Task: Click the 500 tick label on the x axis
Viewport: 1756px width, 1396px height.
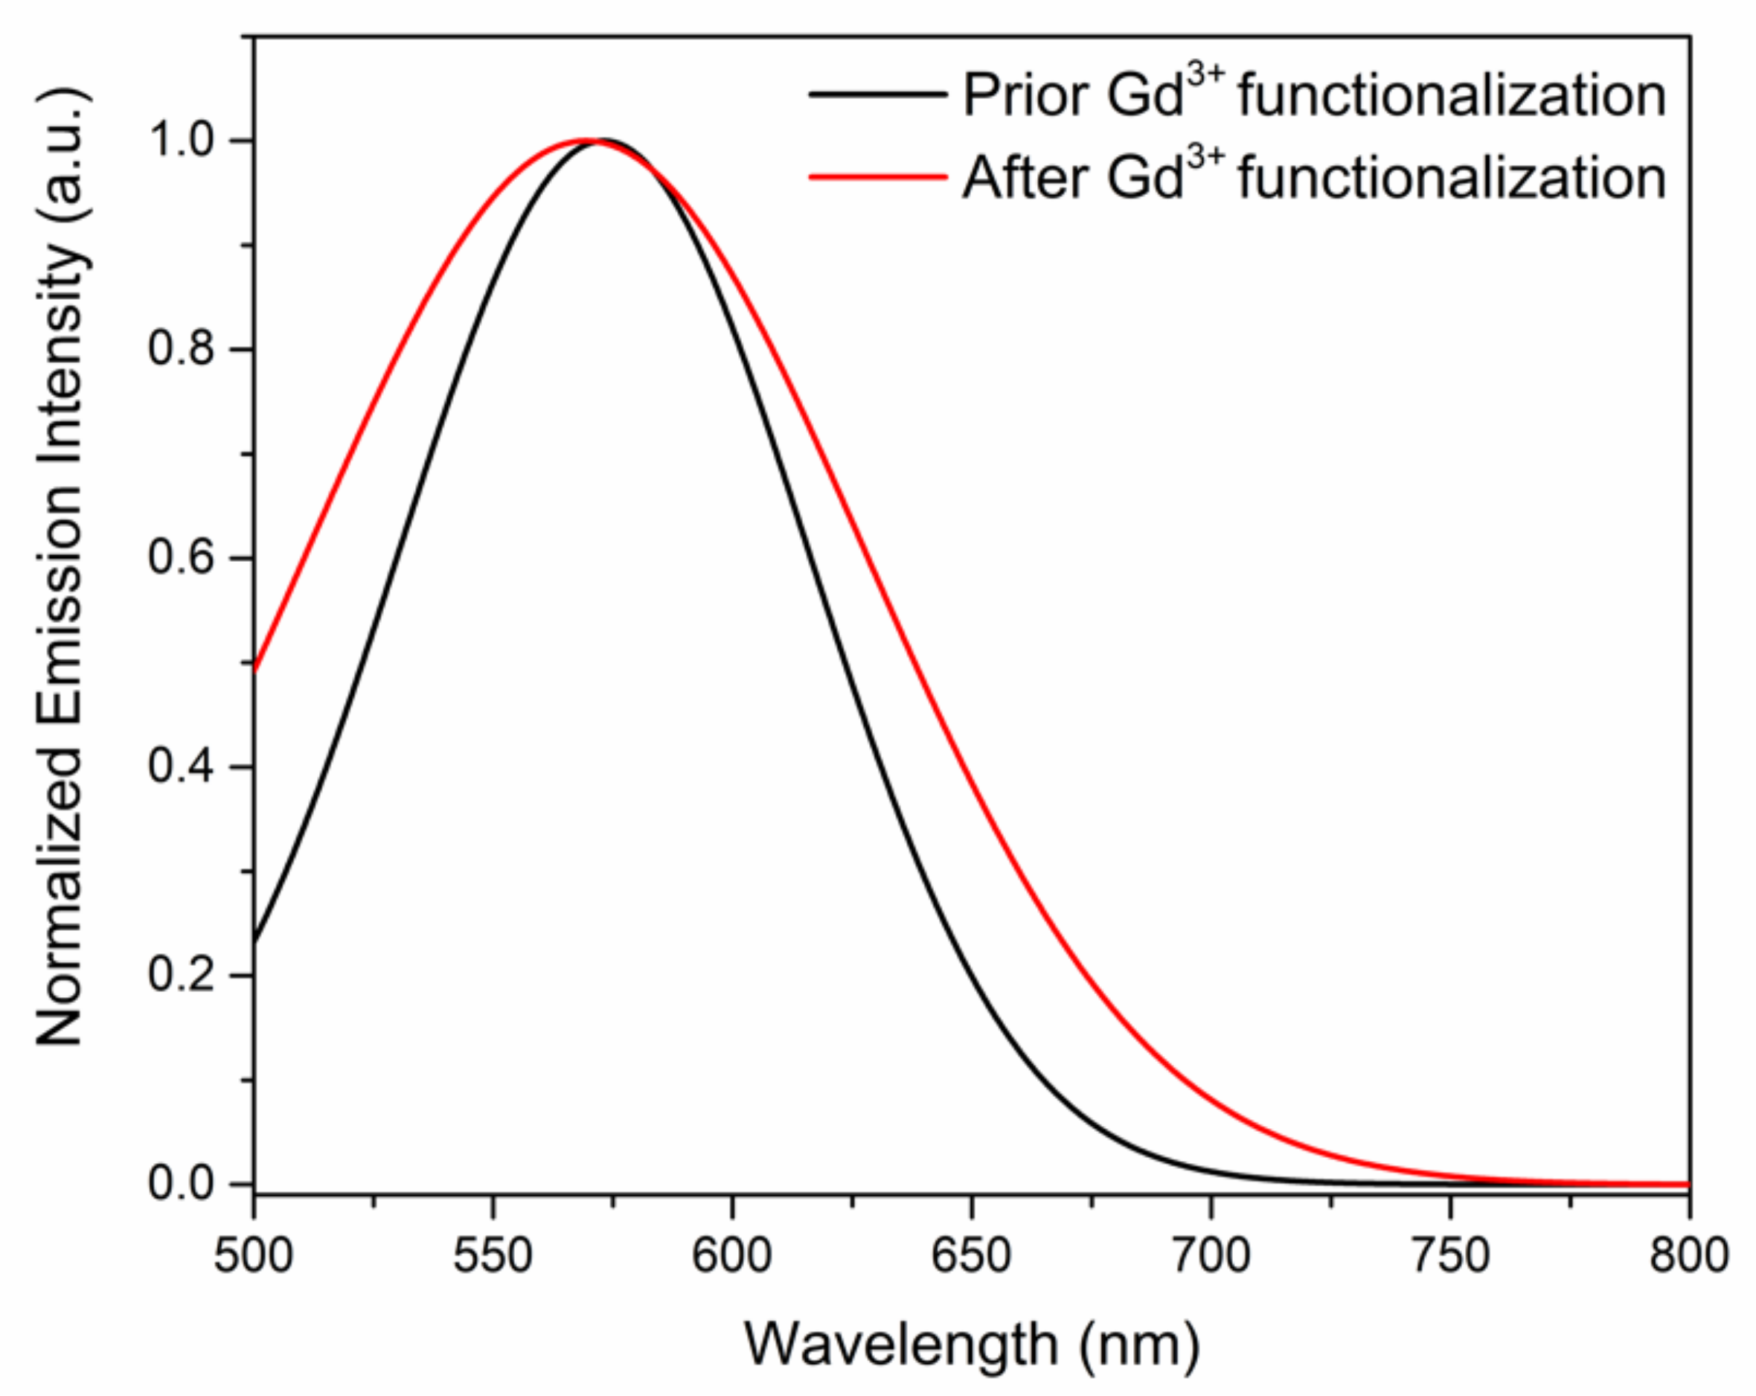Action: point(252,1255)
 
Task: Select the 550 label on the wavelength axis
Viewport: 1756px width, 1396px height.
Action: point(492,1255)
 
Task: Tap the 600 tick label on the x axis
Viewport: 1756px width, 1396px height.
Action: point(731,1255)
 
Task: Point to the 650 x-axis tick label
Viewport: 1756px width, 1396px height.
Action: point(971,1255)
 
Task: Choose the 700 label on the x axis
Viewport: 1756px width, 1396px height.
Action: point(1211,1255)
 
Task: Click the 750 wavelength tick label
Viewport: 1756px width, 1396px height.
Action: point(1449,1255)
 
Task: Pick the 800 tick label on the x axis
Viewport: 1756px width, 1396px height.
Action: point(1689,1255)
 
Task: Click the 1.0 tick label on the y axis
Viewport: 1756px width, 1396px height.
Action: point(188,141)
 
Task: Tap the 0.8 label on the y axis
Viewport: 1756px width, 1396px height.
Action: point(188,350)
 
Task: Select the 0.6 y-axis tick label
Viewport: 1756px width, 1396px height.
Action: point(188,559)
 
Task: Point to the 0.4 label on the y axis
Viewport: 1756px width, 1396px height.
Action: point(188,767)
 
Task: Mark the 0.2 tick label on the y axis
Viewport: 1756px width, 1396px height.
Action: point(188,975)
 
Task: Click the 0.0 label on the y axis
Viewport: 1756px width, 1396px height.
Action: point(188,1183)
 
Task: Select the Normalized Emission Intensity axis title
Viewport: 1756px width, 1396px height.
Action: point(61,566)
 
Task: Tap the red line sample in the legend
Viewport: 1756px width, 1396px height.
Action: point(877,177)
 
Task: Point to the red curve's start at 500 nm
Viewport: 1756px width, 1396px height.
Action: point(255,670)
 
